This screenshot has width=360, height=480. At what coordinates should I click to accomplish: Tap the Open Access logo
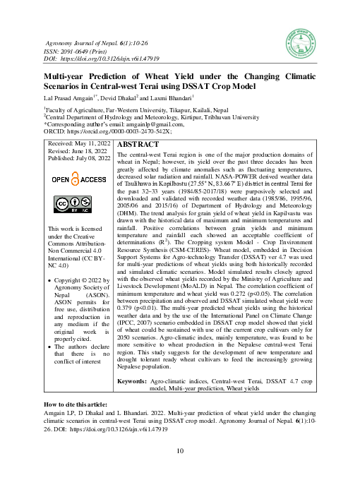[x=74, y=180]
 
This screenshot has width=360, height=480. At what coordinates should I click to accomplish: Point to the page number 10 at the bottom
[x=180, y=451]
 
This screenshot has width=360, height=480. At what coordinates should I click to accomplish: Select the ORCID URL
[x=121, y=131]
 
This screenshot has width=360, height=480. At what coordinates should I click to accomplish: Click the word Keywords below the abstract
[x=131, y=380]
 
